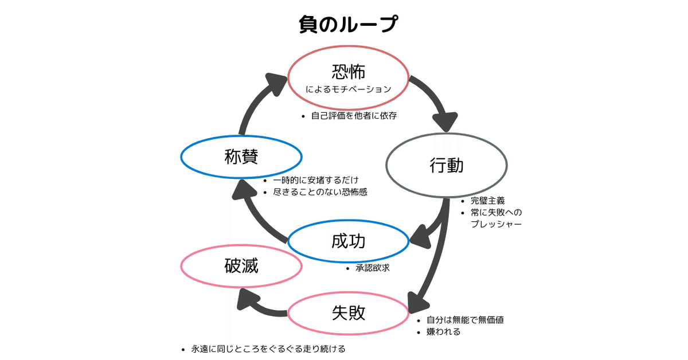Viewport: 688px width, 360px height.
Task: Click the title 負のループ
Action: point(349,24)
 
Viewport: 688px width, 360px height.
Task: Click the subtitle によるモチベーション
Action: point(349,89)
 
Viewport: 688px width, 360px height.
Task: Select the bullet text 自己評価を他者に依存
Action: point(354,116)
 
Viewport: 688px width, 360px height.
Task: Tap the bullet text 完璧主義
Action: point(488,201)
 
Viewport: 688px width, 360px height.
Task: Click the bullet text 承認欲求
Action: point(373,268)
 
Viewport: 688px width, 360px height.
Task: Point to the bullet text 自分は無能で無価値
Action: point(465,320)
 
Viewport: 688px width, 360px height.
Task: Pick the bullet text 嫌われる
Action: point(443,332)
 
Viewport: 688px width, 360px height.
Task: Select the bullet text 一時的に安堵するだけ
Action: point(316,180)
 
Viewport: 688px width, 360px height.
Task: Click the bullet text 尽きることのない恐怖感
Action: point(320,192)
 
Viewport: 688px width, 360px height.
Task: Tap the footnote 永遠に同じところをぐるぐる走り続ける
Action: point(268,349)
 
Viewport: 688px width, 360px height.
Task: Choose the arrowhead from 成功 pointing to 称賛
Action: point(244,190)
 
